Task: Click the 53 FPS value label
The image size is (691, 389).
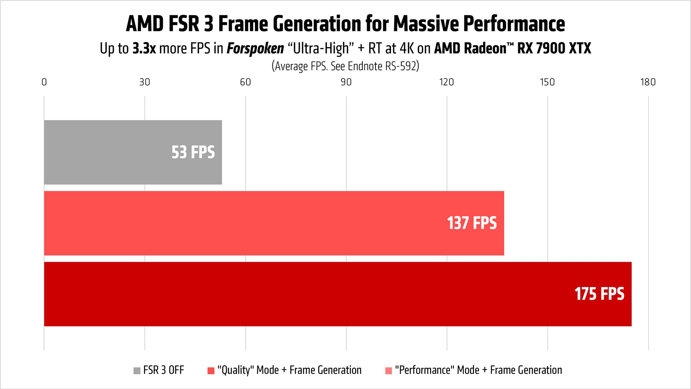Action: click(193, 152)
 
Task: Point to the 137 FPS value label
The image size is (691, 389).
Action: click(472, 223)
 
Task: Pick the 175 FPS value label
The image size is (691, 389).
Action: click(599, 294)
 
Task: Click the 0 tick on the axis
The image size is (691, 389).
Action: click(44, 82)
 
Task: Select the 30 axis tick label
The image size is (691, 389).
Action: click(145, 82)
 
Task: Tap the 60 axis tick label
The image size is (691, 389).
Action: click(245, 82)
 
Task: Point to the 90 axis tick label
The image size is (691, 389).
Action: click(346, 82)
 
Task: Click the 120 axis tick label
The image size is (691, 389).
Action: click(447, 82)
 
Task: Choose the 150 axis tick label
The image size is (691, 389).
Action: click(547, 82)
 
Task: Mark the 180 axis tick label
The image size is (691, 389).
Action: click(648, 82)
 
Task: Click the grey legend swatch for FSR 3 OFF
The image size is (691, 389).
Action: click(137, 371)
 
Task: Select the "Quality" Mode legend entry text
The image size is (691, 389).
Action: click(289, 370)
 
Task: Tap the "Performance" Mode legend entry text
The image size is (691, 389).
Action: click(478, 370)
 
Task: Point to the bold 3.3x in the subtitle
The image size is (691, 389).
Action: click(144, 48)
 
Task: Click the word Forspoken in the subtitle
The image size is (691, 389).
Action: click(255, 49)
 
